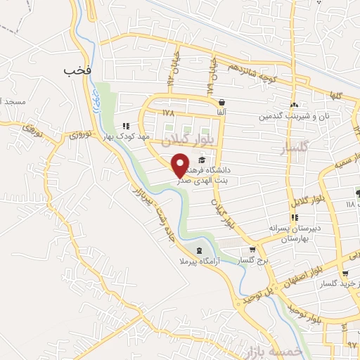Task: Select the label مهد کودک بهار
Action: pos(124,136)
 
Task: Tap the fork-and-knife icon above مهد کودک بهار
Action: pos(126,125)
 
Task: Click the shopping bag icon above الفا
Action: pos(221,102)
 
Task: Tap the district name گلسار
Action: pos(294,149)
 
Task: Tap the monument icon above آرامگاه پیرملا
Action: pos(199,250)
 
